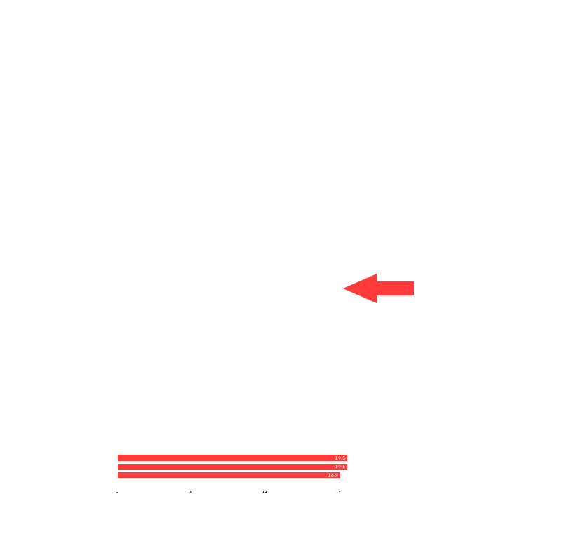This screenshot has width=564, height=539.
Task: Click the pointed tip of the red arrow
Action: pyautogui.click(x=344, y=288)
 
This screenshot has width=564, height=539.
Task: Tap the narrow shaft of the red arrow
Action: pyautogui.click(x=387, y=288)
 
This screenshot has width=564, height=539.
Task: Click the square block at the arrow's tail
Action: pyautogui.click(x=406, y=288)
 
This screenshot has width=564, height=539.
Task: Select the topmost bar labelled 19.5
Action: pyautogui.click(x=231, y=458)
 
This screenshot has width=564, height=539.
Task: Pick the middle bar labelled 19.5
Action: pyautogui.click(x=231, y=467)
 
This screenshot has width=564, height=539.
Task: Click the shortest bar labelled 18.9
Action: pyautogui.click(x=228, y=475)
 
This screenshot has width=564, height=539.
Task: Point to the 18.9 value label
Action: pyautogui.click(x=333, y=475)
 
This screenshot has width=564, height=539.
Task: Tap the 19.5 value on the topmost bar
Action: pyautogui.click(x=340, y=458)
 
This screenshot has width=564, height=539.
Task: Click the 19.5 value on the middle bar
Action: pyautogui.click(x=340, y=467)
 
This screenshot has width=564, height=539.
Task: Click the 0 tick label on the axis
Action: pyautogui.click(x=117, y=492)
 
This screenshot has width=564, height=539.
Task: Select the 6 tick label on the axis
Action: pyautogui.click(x=191, y=492)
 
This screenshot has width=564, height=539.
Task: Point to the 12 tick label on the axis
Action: pyautogui.click(x=264, y=492)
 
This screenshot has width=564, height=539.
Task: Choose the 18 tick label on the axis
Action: pyautogui.click(x=338, y=492)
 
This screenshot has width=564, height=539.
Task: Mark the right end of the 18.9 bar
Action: pyautogui.click(x=340, y=475)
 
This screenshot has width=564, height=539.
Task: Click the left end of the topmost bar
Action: pyautogui.click(x=119, y=458)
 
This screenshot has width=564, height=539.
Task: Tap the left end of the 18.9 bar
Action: pyautogui.click(x=119, y=475)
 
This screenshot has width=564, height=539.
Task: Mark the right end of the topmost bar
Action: pyautogui.click(x=347, y=458)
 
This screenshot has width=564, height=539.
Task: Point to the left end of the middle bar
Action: pyautogui.click(x=119, y=467)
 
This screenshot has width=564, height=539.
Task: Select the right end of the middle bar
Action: pyautogui.click(x=347, y=467)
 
